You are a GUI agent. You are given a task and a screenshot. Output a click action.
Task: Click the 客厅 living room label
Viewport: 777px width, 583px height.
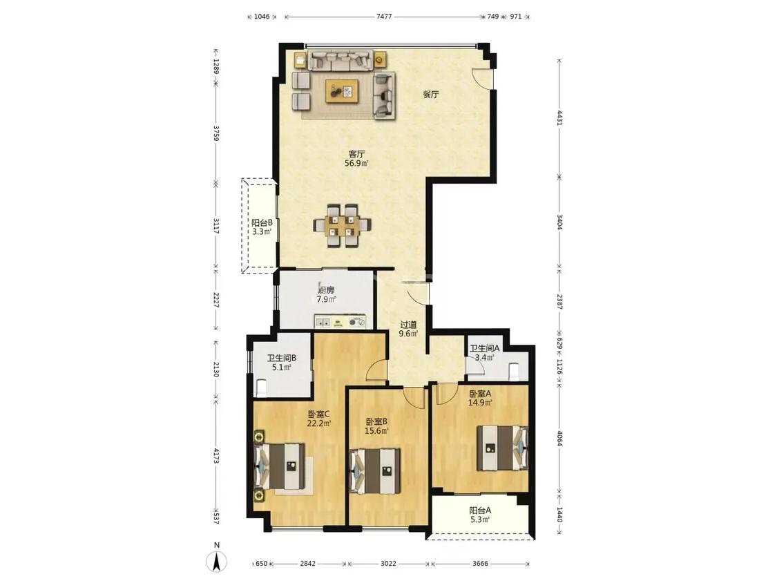point(356,154)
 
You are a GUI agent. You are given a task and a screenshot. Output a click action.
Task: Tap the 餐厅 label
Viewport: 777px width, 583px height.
point(430,94)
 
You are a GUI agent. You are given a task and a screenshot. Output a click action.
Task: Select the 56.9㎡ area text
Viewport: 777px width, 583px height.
point(357,163)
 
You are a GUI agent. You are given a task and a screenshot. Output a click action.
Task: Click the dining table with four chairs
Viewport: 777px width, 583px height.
point(342,226)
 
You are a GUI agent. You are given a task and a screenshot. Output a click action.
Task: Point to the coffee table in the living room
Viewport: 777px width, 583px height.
point(342,91)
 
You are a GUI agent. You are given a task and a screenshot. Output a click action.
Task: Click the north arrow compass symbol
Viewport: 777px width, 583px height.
point(217,561)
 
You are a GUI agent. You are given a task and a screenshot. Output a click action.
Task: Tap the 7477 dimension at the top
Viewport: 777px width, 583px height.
point(384,17)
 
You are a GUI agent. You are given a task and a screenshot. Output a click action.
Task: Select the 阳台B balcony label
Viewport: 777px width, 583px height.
point(262,223)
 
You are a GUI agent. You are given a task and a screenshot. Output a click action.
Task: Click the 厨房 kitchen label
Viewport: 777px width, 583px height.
point(327,290)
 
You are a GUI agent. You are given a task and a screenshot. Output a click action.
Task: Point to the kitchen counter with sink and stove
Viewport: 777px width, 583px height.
point(340,321)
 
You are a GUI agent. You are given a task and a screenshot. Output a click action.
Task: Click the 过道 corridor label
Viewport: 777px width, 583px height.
point(408,325)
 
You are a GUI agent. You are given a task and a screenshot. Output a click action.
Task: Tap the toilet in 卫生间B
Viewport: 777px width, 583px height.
point(260,387)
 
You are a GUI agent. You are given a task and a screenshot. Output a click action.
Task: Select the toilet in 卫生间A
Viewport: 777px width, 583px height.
point(514,371)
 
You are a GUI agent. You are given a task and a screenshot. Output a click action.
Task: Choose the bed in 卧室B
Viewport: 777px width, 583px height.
point(375,471)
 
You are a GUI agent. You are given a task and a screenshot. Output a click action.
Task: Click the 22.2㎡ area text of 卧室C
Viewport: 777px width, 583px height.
point(318,423)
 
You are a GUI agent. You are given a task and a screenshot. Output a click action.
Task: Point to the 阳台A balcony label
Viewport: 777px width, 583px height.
point(480,510)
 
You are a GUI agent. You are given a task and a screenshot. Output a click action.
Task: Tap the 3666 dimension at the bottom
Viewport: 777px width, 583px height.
point(480,563)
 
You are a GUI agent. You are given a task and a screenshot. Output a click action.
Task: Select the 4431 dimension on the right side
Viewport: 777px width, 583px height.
point(560,118)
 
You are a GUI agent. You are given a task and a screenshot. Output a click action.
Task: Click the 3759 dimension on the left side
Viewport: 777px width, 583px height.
point(215,133)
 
